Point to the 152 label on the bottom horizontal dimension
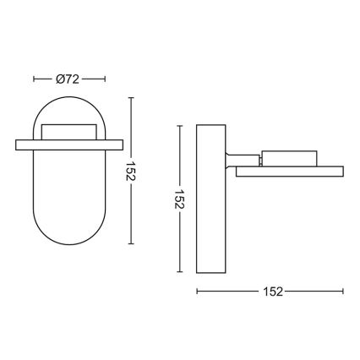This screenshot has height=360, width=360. pos(271,292)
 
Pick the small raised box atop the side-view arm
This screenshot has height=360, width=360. pos(288,157)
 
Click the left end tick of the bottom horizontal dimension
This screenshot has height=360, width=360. pos(197,292)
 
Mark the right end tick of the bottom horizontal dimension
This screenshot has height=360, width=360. pos(345,292)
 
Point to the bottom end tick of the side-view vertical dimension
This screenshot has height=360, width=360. pos(180,272)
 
